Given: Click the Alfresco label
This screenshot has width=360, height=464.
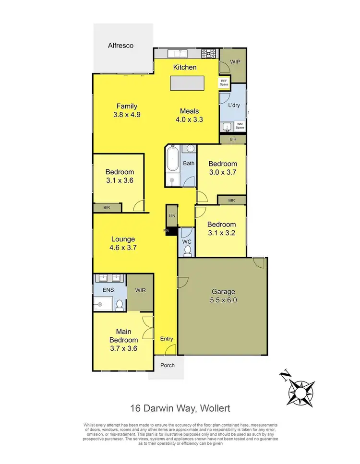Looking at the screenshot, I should (x=120, y=46).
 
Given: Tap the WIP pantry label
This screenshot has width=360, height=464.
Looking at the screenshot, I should (x=235, y=62).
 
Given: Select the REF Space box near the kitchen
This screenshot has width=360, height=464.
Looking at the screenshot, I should (x=224, y=83).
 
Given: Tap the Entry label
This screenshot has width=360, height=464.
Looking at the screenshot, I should (x=167, y=339).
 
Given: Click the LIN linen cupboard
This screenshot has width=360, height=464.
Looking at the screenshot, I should (x=172, y=216).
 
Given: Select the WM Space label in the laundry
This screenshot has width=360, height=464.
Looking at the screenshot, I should (x=240, y=126).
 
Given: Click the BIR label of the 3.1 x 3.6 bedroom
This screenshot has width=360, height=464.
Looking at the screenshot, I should (x=107, y=207).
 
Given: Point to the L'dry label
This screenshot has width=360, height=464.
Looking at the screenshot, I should (x=234, y=105).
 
